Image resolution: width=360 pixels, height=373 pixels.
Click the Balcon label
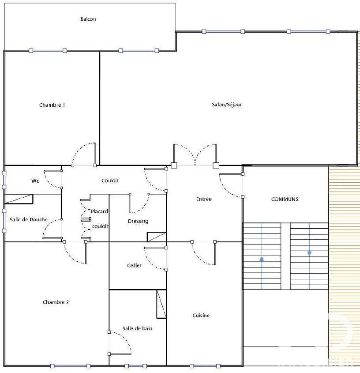(x=88, y=19)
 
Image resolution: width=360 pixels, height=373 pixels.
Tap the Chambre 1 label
(x=52, y=105)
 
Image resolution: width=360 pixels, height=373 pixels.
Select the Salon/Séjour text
(x=227, y=105)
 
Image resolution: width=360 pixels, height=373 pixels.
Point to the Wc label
(x=35, y=181)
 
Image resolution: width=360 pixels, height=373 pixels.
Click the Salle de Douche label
(x=29, y=219)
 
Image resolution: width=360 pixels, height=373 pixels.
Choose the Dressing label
(x=138, y=221)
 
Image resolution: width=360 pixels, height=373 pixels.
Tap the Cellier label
(x=134, y=265)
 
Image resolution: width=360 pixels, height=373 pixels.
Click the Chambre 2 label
(x=56, y=302)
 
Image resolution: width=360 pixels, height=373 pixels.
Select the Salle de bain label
(x=138, y=328)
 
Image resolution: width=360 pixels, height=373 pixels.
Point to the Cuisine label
(x=201, y=316)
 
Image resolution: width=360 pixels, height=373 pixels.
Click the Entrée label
(x=204, y=199)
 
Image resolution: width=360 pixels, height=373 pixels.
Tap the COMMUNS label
(x=285, y=199)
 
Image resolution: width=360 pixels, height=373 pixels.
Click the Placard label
(x=99, y=211)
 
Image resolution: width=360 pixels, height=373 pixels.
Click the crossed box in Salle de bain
(x=161, y=304)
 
